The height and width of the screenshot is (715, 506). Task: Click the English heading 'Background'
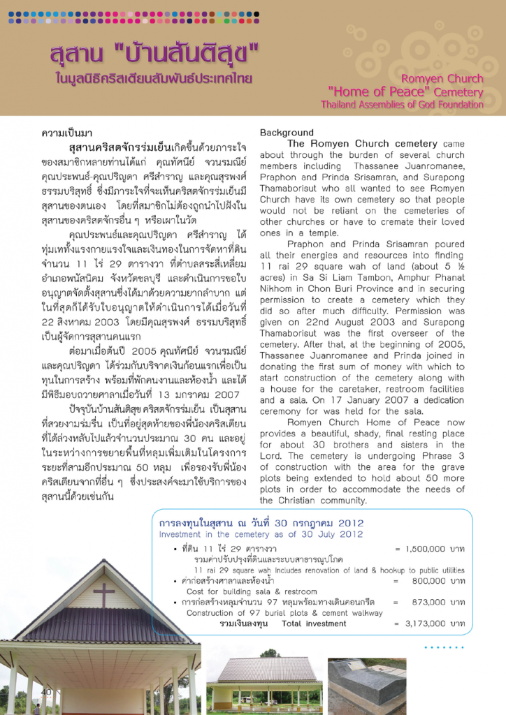287,133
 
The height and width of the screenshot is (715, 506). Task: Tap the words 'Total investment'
314,624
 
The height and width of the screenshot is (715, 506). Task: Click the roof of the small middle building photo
266,670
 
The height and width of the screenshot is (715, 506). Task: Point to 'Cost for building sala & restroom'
252,591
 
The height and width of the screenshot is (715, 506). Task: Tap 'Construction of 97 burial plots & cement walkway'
284,612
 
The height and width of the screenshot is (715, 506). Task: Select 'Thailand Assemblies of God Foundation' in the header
402,105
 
